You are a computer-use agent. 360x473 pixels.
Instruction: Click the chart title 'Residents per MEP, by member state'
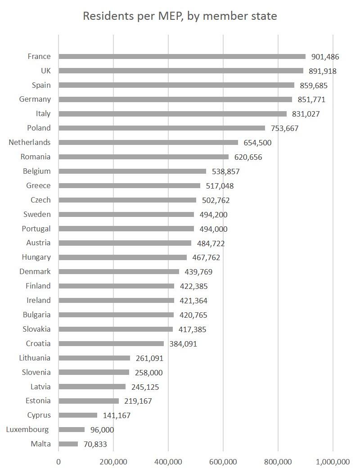180,16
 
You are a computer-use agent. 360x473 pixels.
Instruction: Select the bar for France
182,57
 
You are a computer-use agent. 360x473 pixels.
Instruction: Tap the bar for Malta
68,444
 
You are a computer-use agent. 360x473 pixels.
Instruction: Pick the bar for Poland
162,128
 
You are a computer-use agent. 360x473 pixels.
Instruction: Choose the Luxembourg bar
72,430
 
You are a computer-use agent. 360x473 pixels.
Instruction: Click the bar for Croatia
111,344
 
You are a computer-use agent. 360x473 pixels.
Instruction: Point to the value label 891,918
323,71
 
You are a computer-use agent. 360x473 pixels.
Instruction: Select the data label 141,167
117,415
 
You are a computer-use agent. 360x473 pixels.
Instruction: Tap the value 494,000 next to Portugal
214,229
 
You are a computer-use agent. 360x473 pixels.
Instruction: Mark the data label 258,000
149,373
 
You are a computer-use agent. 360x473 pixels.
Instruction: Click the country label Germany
35,99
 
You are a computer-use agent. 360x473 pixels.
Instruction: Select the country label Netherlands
30,143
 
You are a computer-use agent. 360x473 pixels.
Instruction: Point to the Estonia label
38,401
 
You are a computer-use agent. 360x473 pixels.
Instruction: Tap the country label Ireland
39,301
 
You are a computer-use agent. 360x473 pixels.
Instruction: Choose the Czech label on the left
40,200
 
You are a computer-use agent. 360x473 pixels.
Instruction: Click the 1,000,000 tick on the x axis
333,462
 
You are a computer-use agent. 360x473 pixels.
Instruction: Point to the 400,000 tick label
168,462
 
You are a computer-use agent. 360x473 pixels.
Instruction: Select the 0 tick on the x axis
58,462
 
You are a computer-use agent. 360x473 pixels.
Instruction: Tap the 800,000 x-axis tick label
278,462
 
